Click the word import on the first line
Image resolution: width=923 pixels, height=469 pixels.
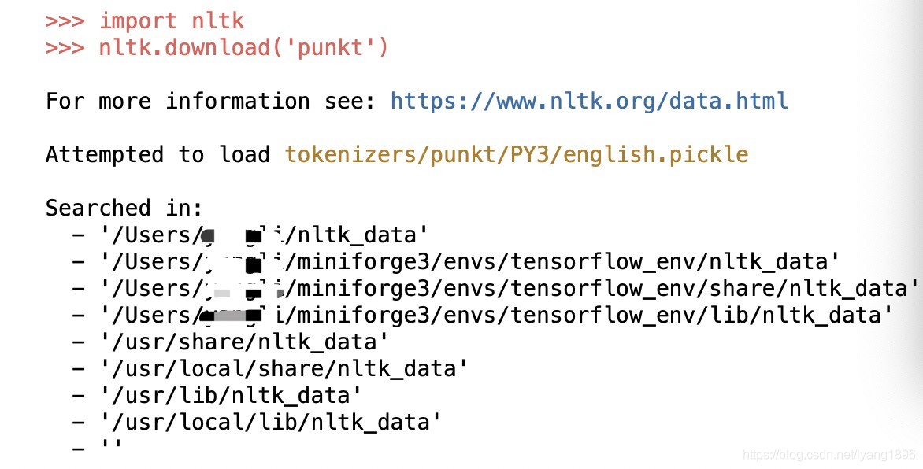pyautogui.click(x=138, y=20)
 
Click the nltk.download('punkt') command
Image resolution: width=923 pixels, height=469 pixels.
pyautogui.click(x=243, y=47)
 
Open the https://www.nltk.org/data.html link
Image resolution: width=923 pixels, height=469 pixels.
pyautogui.click(x=589, y=101)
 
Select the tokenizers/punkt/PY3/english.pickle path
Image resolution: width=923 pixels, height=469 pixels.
pyautogui.click(x=517, y=154)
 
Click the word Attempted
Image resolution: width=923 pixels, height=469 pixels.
pyautogui.click(x=104, y=154)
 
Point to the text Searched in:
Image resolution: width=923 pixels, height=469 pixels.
pyautogui.click(x=124, y=208)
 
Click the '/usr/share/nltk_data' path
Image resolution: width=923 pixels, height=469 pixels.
pyautogui.click(x=243, y=342)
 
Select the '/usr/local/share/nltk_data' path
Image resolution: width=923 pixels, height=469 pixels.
pyautogui.click(x=284, y=368)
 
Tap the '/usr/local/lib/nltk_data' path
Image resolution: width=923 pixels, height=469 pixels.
pyautogui.click(x=270, y=422)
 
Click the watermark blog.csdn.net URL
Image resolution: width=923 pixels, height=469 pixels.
pyautogui.click(x=830, y=456)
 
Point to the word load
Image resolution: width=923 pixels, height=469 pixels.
pyautogui.click(x=243, y=154)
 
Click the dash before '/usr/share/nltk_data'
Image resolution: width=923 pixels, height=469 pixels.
pyautogui.click(x=78, y=342)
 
